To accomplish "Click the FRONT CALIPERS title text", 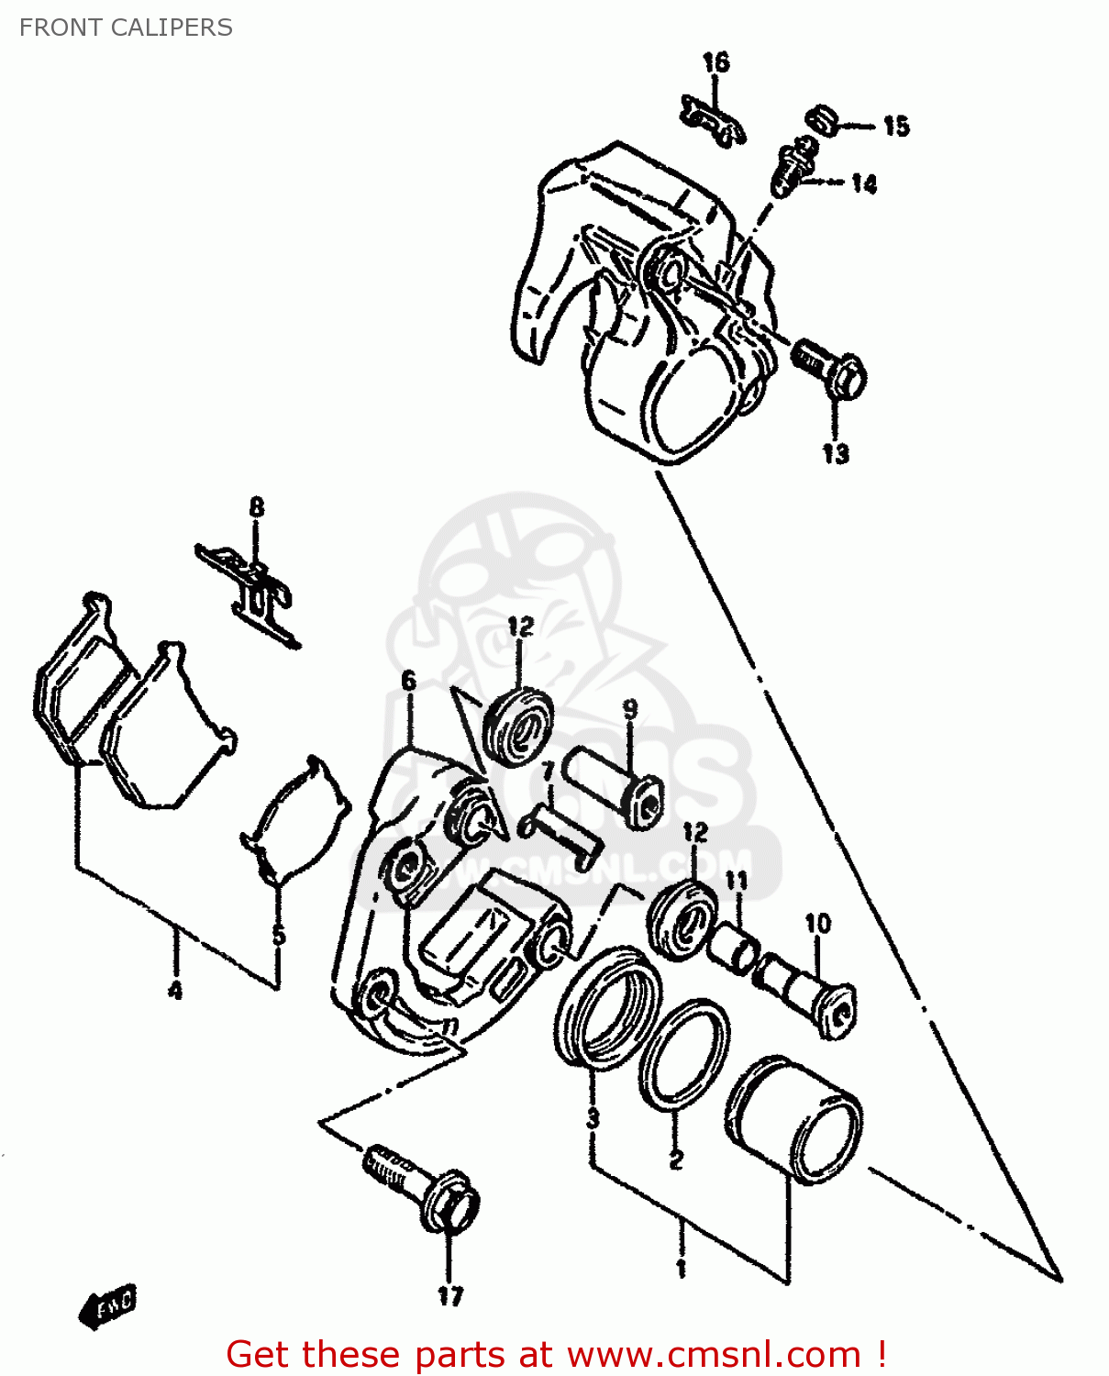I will [x=126, y=28].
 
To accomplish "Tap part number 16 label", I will [x=715, y=62].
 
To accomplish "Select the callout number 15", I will [x=896, y=126].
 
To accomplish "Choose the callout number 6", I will [x=408, y=681].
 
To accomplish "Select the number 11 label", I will [x=737, y=882].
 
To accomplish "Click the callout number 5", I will [x=279, y=936].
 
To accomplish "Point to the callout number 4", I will [x=175, y=990].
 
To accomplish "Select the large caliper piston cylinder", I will [x=794, y=1120].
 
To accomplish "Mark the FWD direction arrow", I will [x=109, y=1305].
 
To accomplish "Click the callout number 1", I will [x=681, y=1269].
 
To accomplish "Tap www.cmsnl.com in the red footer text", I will [x=714, y=1354].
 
